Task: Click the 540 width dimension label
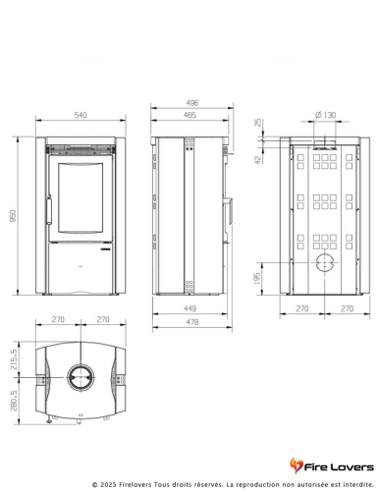tap(81, 115)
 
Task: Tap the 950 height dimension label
tap(13, 216)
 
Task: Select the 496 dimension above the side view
tap(192, 103)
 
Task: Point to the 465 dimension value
tap(189, 115)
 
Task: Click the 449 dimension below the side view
tap(189, 308)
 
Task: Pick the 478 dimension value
tap(192, 322)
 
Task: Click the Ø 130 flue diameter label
tap(325, 115)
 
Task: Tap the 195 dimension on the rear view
tap(257, 278)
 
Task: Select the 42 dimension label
tap(258, 160)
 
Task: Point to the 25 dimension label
tap(258, 123)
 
